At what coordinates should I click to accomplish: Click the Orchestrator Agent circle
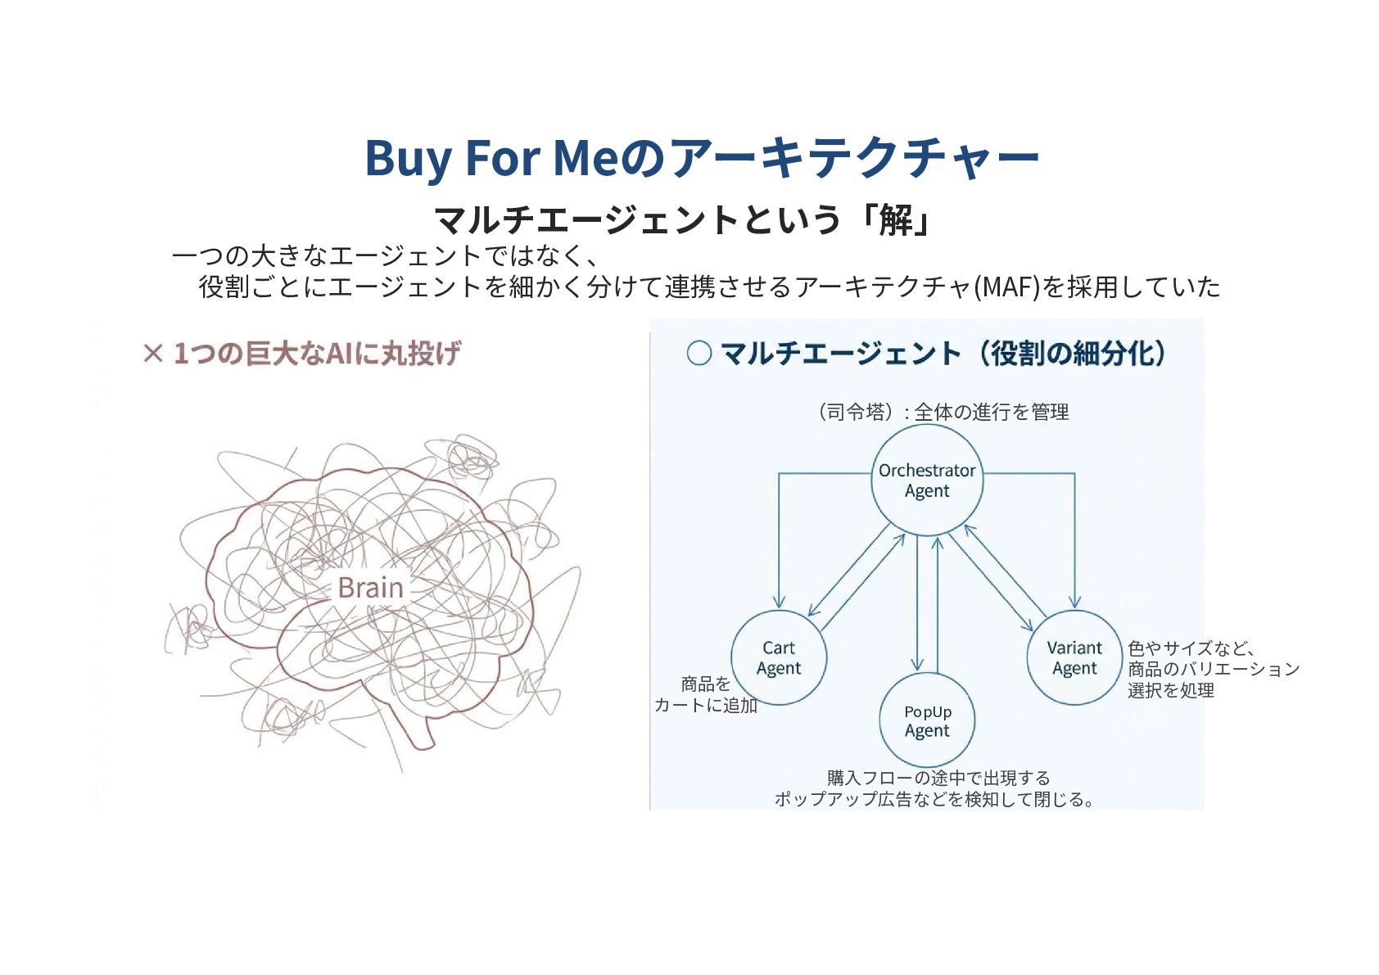[926, 481]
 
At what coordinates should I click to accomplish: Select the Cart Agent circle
[778, 657]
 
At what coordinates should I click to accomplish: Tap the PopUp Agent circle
[927, 720]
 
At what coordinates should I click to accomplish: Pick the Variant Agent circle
[1074, 657]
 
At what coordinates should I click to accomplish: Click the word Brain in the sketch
[370, 587]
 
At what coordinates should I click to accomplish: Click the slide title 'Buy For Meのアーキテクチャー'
[702, 157]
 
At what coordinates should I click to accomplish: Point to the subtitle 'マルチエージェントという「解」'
[683, 219]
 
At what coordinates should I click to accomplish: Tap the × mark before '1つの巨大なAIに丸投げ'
[153, 354]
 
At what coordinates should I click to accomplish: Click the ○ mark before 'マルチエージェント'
[699, 354]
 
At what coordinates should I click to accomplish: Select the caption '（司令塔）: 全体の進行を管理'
[942, 412]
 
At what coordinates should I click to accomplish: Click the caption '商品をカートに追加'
[705, 694]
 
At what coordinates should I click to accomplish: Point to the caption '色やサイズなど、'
[1191, 648]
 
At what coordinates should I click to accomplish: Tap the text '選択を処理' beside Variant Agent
[1170, 690]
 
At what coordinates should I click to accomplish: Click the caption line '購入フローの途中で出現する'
[938, 777]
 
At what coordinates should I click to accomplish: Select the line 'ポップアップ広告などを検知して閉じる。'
[934, 799]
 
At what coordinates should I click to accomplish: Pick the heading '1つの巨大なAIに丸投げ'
[317, 354]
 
